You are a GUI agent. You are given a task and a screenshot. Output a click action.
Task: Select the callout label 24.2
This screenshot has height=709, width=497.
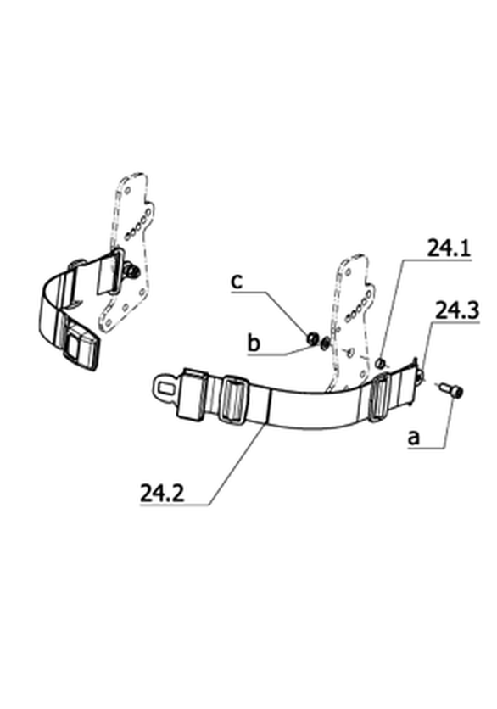[162, 493]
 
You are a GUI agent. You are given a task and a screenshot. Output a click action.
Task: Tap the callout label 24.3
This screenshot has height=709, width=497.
[456, 310]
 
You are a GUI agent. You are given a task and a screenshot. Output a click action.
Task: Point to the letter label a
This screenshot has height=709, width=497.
[414, 438]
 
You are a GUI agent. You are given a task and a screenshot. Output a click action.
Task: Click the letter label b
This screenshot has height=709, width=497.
[254, 343]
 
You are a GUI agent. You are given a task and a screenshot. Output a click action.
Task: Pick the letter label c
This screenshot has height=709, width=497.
[237, 282]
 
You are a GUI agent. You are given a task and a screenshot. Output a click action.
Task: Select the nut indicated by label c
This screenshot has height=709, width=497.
[312, 338]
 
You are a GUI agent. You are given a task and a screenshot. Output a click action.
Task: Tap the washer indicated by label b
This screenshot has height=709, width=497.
[324, 344]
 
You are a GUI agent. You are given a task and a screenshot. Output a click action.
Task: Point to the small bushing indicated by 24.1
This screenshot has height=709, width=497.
[381, 362]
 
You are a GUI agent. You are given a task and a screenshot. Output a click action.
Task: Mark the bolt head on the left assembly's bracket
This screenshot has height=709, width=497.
[133, 271]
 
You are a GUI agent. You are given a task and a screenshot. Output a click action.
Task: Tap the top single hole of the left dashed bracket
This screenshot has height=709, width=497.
[127, 190]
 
